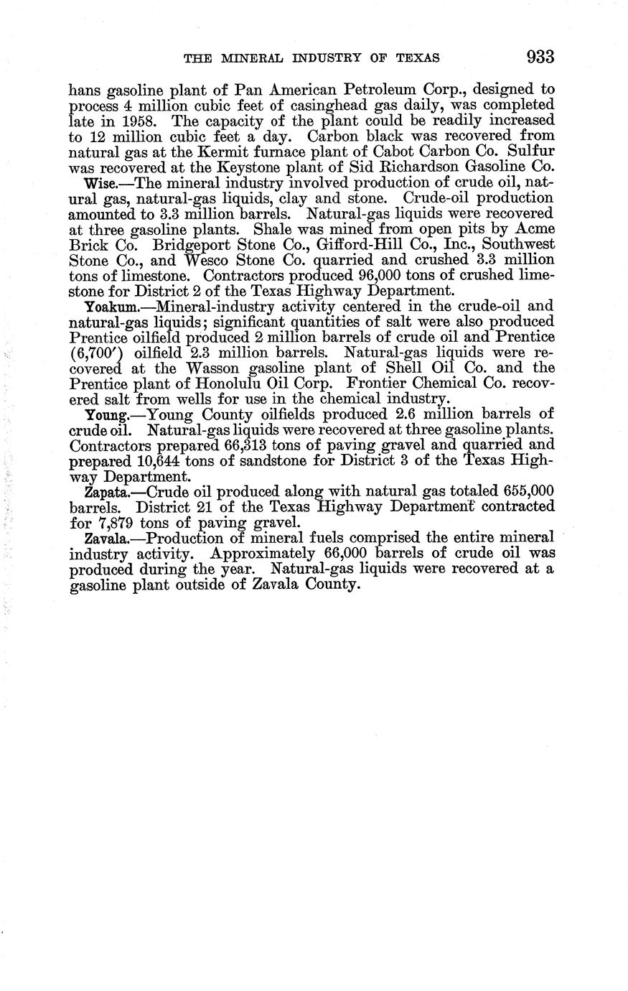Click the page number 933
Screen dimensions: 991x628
click(540, 57)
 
